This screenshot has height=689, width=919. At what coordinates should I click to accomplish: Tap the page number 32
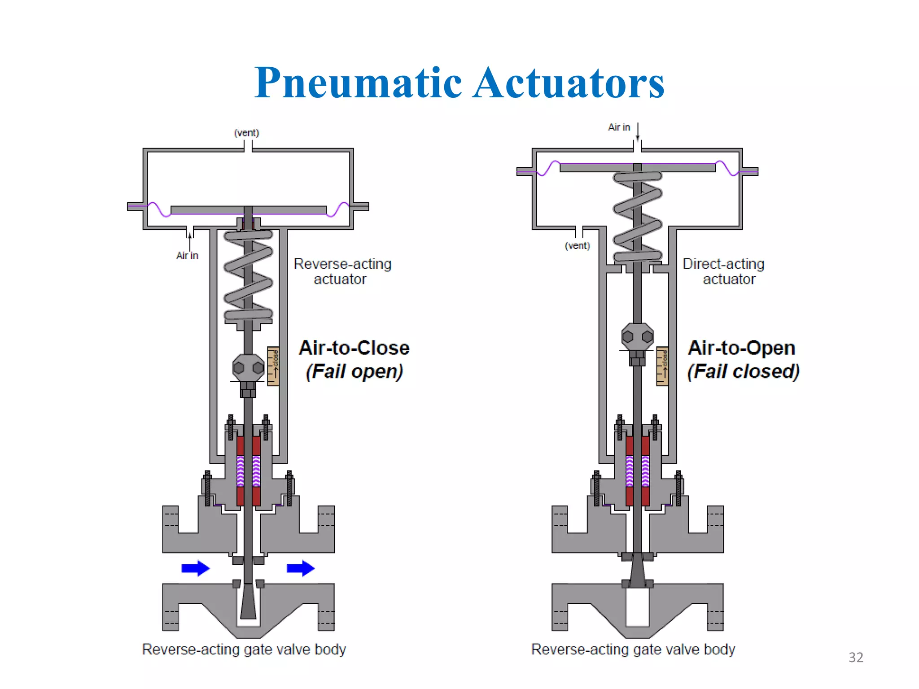tap(856, 657)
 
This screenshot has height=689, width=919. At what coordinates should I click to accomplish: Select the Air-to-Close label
tap(354, 348)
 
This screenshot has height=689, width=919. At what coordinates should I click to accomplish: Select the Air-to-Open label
tap(741, 348)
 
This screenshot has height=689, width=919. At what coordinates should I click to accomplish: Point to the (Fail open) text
tap(354, 371)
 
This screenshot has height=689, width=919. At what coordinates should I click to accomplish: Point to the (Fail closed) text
tap(743, 371)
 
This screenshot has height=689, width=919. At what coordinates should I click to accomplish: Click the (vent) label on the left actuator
tap(246, 133)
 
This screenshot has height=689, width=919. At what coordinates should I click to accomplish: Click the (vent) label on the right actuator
tap(577, 246)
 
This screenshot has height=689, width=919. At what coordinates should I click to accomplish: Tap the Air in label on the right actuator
tap(619, 127)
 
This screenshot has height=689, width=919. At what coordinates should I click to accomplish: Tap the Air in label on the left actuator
tap(187, 256)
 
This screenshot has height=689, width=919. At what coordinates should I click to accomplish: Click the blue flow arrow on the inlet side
tap(195, 568)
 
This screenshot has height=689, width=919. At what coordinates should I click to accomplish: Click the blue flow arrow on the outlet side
tap(300, 568)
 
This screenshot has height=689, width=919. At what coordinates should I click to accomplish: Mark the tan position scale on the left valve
tap(273, 366)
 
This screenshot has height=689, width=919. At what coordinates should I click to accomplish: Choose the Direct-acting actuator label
tap(723, 271)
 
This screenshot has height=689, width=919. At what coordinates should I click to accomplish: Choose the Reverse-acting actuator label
tap(342, 271)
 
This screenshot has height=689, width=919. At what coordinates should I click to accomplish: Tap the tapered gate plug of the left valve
tap(248, 601)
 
